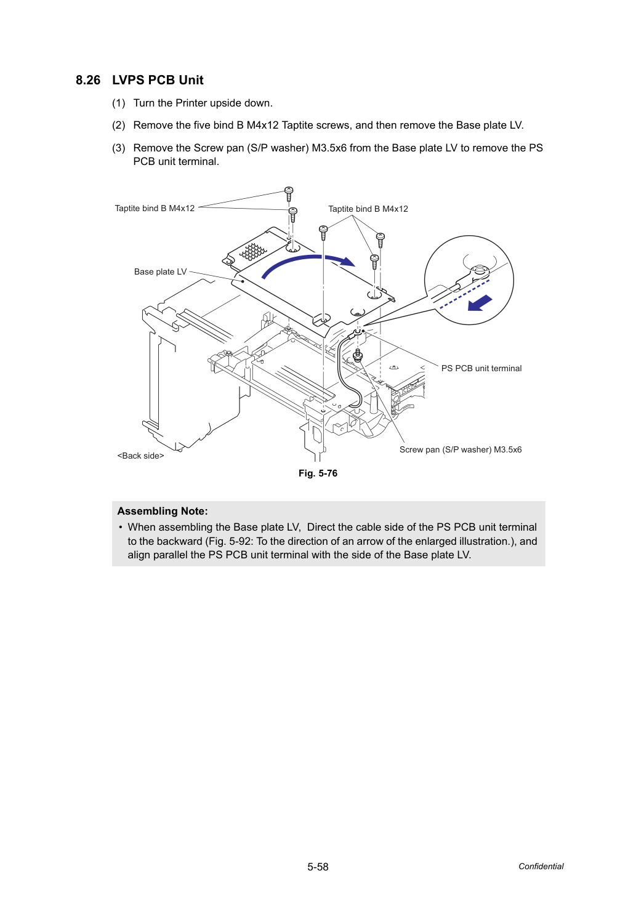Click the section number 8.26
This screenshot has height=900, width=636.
click(x=88, y=80)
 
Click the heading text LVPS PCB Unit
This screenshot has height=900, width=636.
click(x=158, y=80)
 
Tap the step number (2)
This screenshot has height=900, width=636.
click(x=119, y=126)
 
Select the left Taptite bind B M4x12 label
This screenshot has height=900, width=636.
click(x=155, y=208)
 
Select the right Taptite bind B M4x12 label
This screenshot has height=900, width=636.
click(x=368, y=209)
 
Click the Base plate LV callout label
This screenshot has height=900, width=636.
click(x=160, y=271)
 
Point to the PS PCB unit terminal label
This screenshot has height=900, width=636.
click(x=481, y=369)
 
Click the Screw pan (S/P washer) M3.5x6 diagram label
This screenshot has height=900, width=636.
click(x=461, y=449)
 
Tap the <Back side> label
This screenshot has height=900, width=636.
click(x=140, y=456)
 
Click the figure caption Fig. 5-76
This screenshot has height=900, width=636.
click(x=318, y=473)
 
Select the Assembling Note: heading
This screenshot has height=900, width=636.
click(x=163, y=511)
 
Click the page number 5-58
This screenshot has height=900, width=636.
click(x=318, y=867)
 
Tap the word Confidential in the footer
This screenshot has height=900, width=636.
click(x=541, y=867)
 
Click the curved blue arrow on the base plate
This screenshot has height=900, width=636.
click(x=305, y=258)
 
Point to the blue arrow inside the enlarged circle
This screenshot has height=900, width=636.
click(x=480, y=303)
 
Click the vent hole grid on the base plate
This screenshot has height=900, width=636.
click(x=253, y=252)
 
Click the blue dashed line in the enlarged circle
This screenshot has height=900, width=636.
click(x=464, y=294)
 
